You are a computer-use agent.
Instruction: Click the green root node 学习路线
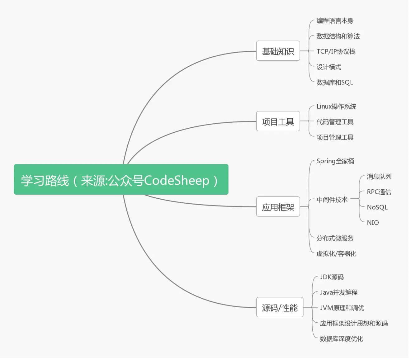(121, 179)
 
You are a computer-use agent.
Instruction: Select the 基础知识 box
(278, 51)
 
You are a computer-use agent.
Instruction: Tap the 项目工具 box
(278, 121)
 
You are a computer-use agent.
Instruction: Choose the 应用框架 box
(278, 206)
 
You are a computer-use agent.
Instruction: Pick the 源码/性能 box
(280, 307)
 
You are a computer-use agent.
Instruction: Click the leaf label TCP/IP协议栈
(336, 52)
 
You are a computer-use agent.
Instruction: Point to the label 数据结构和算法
(338, 36)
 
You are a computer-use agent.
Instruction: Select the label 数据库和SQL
(335, 82)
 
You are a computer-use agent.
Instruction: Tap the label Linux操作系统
(336, 107)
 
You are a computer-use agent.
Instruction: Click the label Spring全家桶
(335, 161)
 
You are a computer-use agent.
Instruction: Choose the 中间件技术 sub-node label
(332, 200)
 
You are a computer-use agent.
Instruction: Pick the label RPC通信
(379, 192)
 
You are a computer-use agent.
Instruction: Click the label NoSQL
(377, 207)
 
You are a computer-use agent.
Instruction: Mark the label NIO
(373, 223)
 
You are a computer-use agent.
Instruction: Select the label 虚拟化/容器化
(336, 253)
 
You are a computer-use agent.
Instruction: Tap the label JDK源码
(332, 277)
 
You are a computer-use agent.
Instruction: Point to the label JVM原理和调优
(342, 308)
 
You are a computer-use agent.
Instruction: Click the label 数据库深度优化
(342, 339)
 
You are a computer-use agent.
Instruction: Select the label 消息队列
(379, 176)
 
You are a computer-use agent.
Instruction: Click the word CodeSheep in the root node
(177, 181)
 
